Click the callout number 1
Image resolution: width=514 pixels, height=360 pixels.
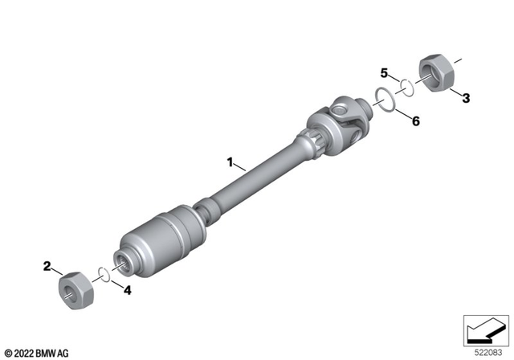tap(230, 162)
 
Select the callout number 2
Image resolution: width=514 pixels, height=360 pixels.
tap(47, 265)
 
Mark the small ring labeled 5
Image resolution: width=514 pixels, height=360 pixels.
tap(408, 86)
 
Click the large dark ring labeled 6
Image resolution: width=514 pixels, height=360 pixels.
tap(385, 102)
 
